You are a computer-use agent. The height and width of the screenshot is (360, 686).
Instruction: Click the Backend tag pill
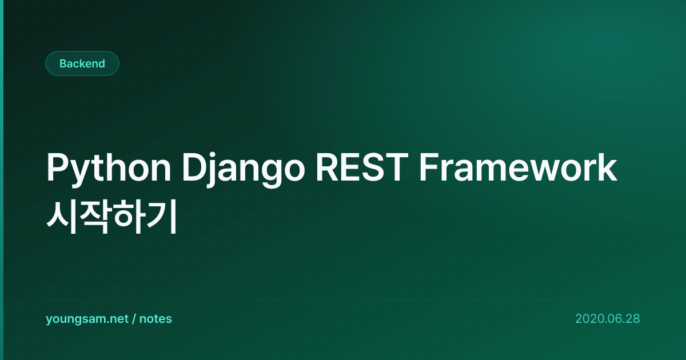tap(82, 63)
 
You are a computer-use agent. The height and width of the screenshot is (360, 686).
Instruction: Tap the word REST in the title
tap(362, 167)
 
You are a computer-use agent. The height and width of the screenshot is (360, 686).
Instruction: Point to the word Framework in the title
tap(518, 167)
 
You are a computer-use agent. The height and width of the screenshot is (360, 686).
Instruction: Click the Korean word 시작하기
tap(112, 217)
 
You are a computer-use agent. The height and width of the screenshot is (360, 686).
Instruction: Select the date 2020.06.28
tap(608, 319)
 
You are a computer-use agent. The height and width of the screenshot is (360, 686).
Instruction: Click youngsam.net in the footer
tap(87, 319)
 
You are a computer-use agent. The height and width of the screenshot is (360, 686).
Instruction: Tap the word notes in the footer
tap(155, 319)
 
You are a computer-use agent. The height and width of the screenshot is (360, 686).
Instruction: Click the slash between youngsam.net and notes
tap(134, 319)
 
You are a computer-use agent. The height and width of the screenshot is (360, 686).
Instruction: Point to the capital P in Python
tap(57, 167)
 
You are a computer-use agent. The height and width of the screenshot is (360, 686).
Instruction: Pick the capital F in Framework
tap(429, 167)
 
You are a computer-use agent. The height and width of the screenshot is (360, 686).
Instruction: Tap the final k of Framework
tap(607, 167)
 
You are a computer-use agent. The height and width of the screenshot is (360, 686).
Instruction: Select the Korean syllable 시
tap(62, 217)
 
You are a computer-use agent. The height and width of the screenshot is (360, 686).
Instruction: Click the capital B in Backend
tap(63, 63)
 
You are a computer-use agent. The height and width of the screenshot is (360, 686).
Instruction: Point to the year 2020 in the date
tap(588, 319)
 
